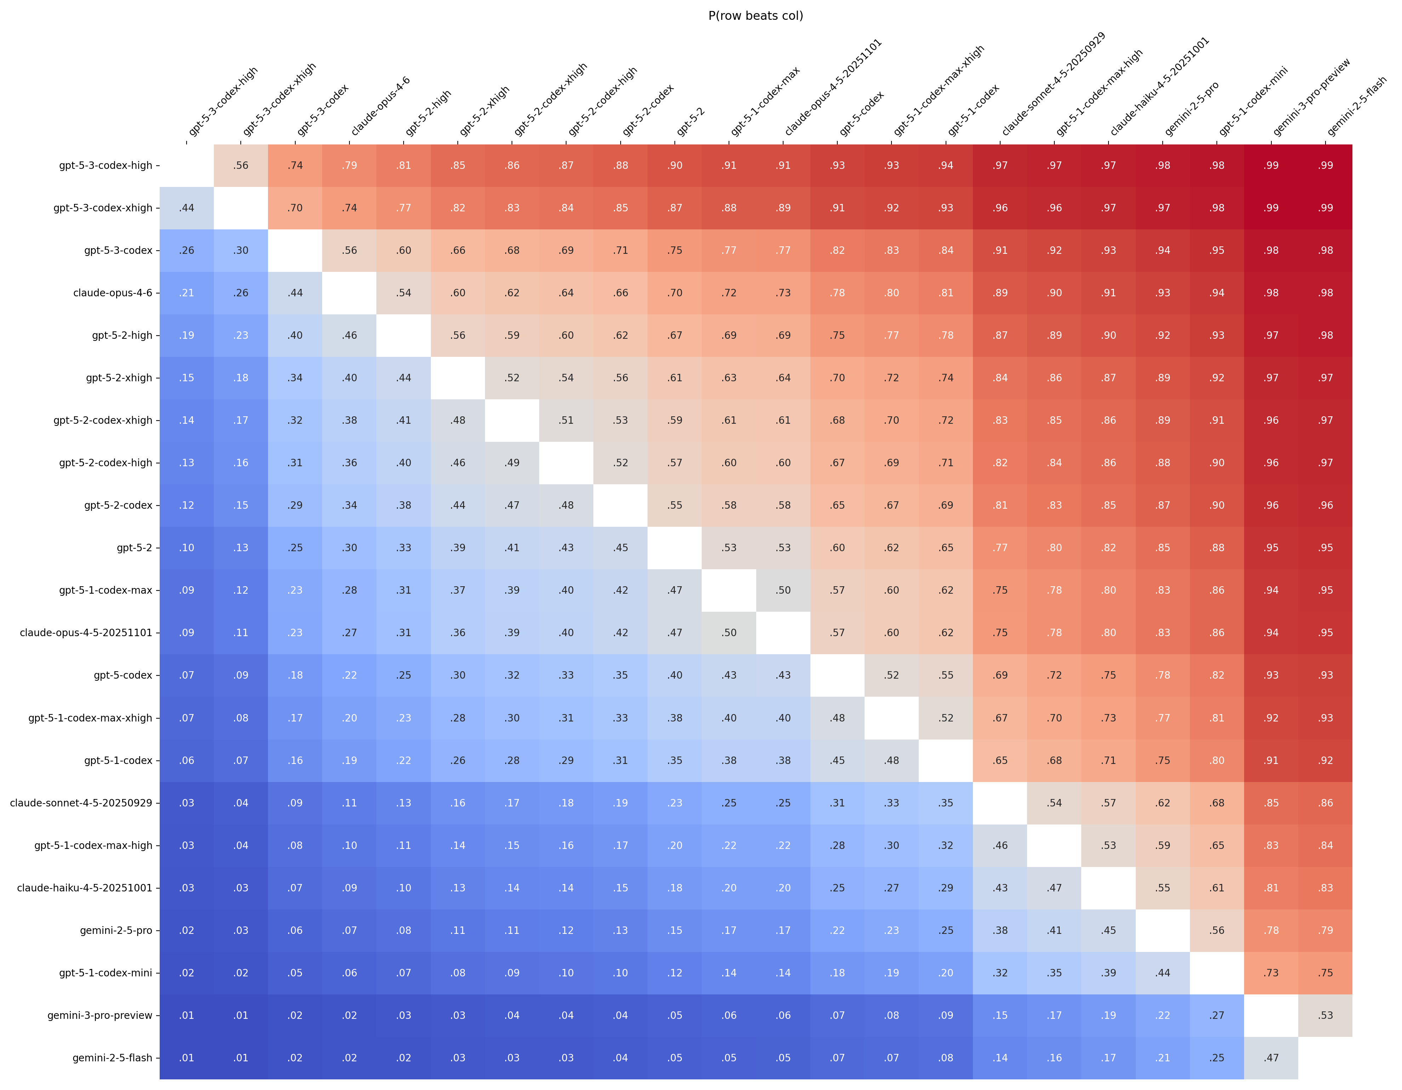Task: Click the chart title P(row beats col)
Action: pyautogui.click(x=756, y=16)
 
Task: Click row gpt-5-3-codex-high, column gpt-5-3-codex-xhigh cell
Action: pyautogui.click(x=241, y=166)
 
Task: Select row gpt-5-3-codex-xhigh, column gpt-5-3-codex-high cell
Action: pyautogui.click(x=187, y=208)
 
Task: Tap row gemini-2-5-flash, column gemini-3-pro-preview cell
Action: pyautogui.click(x=1271, y=1058)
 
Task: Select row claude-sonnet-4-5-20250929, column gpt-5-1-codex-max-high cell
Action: pyautogui.click(x=1054, y=803)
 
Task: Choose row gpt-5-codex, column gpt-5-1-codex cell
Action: pyautogui.click(x=946, y=675)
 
